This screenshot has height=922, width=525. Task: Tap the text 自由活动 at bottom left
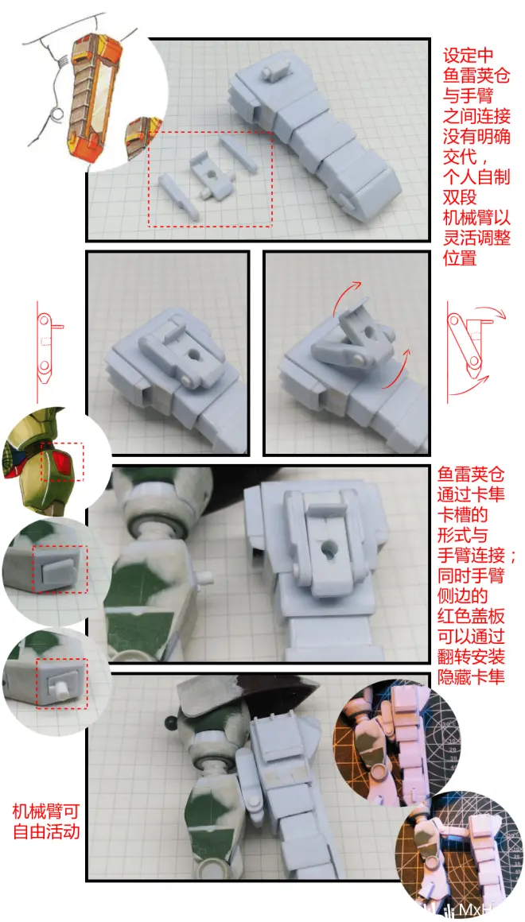pyautogui.click(x=45, y=832)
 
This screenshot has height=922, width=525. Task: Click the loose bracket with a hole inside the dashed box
pyautogui.click(x=211, y=175)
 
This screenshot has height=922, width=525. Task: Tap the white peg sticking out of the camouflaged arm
pyautogui.click(x=205, y=577)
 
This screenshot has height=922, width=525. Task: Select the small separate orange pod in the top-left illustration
pyautogui.click(x=140, y=138)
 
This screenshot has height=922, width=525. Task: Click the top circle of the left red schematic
pyautogui.click(x=44, y=321)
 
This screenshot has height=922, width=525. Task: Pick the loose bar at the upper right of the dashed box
pyautogui.click(x=239, y=154)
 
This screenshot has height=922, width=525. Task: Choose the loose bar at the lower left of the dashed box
pyautogui.click(x=179, y=197)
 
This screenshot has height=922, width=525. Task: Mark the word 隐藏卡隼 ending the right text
pyautogui.click(x=472, y=676)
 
